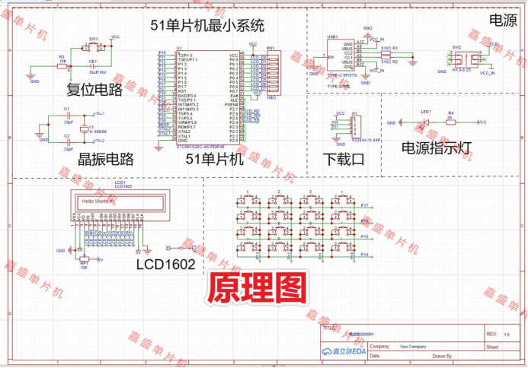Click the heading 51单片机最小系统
coord(208,25)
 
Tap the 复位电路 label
coord(94,90)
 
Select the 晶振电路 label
coord(95,159)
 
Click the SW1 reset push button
coord(94,45)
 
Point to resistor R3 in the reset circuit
coord(62,65)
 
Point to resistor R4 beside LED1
coord(450,122)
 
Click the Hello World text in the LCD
coord(98,201)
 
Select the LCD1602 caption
coord(165,265)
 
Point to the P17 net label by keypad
coord(364,206)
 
